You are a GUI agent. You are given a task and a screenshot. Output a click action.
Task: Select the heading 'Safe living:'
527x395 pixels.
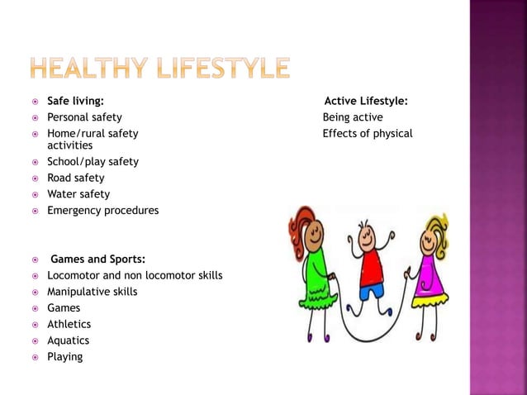click(x=75, y=102)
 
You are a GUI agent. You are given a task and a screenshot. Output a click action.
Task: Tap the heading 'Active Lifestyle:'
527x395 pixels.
click(x=365, y=102)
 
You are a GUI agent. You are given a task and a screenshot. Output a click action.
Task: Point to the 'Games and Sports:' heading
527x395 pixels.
click(x=97, y=259)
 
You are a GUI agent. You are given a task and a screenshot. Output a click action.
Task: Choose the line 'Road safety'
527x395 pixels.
click(x=75, y=178)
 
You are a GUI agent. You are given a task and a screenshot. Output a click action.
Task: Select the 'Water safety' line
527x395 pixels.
click(x=78, y=194)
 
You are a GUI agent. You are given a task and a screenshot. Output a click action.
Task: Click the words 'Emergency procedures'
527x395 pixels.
click(x=102, y=211)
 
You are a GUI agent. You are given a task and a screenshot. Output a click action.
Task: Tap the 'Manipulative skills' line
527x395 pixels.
click(x=92, y=292)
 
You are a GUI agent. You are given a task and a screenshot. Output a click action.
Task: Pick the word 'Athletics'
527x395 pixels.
click(x=69, y=324)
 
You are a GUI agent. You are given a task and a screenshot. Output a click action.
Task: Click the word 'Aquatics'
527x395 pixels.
click(x=68, y=340)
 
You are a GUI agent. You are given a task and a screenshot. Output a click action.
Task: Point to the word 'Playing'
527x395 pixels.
click(x=64, y=357)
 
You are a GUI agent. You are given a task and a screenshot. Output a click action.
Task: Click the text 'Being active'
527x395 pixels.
click(x=353, y=117)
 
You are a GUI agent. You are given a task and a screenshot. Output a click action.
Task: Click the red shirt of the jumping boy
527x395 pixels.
click(x=372, y=267)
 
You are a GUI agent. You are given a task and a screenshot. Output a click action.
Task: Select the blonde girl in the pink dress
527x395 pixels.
click(x=430, y=264)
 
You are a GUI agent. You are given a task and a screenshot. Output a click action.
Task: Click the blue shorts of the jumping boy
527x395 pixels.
click(x=372, y=292)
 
